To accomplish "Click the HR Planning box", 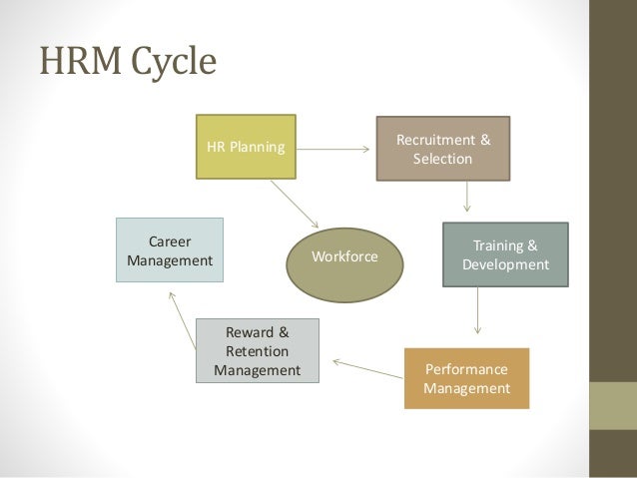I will coord(246,147).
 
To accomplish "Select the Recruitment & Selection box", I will coord(443,149).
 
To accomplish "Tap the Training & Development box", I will coord(505,254).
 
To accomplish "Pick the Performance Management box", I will coord(466,378).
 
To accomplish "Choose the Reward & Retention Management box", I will coord(257,350).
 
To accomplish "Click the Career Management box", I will coord(170,250).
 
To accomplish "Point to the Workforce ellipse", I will coord(344,256).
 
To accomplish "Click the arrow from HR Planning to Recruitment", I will coord(334,150).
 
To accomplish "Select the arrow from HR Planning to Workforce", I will coord(295,204).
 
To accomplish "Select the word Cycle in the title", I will coord(165,62).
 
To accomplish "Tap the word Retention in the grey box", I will coord(257,351).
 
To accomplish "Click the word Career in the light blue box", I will coord(170,241).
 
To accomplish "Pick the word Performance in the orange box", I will coord(466,368).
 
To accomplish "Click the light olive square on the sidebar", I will coord(613,405).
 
